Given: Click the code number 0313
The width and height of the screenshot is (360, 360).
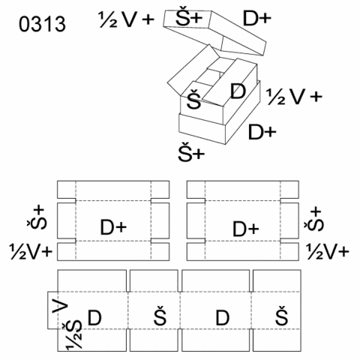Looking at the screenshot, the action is tap(42, 24).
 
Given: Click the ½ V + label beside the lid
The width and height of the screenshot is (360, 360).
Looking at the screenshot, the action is tap(126, 19).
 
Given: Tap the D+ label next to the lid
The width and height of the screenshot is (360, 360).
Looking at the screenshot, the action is tap(257, 19).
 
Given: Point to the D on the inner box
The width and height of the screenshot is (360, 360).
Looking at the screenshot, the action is tap(238, 91).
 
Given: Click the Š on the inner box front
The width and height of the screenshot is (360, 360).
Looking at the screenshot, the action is tap(194, 99).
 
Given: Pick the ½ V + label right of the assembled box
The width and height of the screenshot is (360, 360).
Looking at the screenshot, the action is tap(294, 97).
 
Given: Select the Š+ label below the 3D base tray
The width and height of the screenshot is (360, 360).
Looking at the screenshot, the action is tap(191, 151).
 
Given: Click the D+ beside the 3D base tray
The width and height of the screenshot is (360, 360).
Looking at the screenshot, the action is tap(262, 132).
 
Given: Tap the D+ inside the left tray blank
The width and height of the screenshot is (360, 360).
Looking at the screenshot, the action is tap(113, 227).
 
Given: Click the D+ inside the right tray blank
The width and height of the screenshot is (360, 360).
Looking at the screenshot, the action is tap(246, 229).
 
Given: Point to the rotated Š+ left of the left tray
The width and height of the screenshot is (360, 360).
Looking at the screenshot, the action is tap(37, 218).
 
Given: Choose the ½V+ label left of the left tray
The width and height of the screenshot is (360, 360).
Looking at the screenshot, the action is tap(31, 251).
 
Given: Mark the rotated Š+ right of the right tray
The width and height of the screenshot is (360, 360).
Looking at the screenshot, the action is tap(314, 220).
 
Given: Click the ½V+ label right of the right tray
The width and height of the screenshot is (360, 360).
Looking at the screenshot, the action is tap(328, 251).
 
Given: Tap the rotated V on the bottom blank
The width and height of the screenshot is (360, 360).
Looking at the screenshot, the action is tap(60, 304).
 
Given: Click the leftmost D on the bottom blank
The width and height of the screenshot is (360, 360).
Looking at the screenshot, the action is tap(94, 317).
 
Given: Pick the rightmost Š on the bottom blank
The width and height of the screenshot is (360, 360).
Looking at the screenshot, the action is tap(282, 316).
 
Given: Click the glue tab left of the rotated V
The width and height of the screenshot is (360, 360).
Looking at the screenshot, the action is tap(52, 310).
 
